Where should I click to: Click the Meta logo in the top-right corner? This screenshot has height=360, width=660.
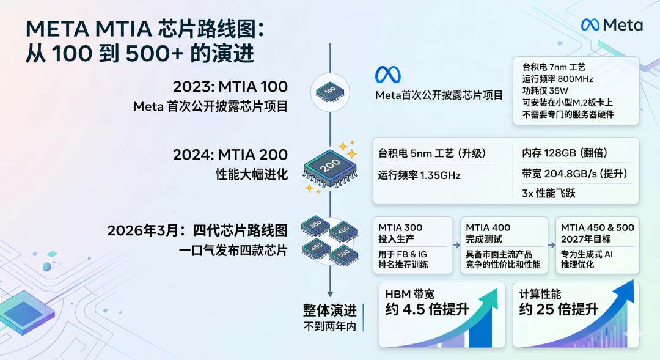click(x=612, y=25)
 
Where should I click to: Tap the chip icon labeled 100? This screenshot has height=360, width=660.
click(x=330, y=91)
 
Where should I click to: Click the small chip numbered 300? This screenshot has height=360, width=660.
click(x=315, y=226)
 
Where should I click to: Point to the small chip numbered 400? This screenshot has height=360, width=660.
click(x=343, y=232)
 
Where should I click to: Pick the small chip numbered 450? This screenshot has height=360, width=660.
click(x=316, y=248)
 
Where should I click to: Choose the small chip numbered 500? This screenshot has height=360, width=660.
click(x=344, y=254)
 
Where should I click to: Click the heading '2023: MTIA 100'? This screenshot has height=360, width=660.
click(x=230, y=86)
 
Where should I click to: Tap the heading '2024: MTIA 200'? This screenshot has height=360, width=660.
click(x=230, y=155)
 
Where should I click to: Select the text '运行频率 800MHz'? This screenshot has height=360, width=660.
click(x=558, y=79)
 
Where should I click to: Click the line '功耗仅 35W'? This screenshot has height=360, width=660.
click(x=545, y=90)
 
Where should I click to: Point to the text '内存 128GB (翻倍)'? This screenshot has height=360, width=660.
click(x=565, y=153)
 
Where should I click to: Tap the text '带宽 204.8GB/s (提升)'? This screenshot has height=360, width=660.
click(x=574, y=174)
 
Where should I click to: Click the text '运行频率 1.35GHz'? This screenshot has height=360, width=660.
click(x=419, y=175)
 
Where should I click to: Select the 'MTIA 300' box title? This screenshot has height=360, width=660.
click(x=400, y=227)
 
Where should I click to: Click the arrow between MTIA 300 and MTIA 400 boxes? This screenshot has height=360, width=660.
click(x=457, y=245)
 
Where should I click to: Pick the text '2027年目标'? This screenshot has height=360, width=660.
click(x=585, y=239)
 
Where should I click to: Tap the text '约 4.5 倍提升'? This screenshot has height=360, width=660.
click(x=427, y=309)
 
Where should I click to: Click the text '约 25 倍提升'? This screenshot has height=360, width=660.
click(x=559, y=309)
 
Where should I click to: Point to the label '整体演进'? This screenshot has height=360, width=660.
click(x=330, y=310)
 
